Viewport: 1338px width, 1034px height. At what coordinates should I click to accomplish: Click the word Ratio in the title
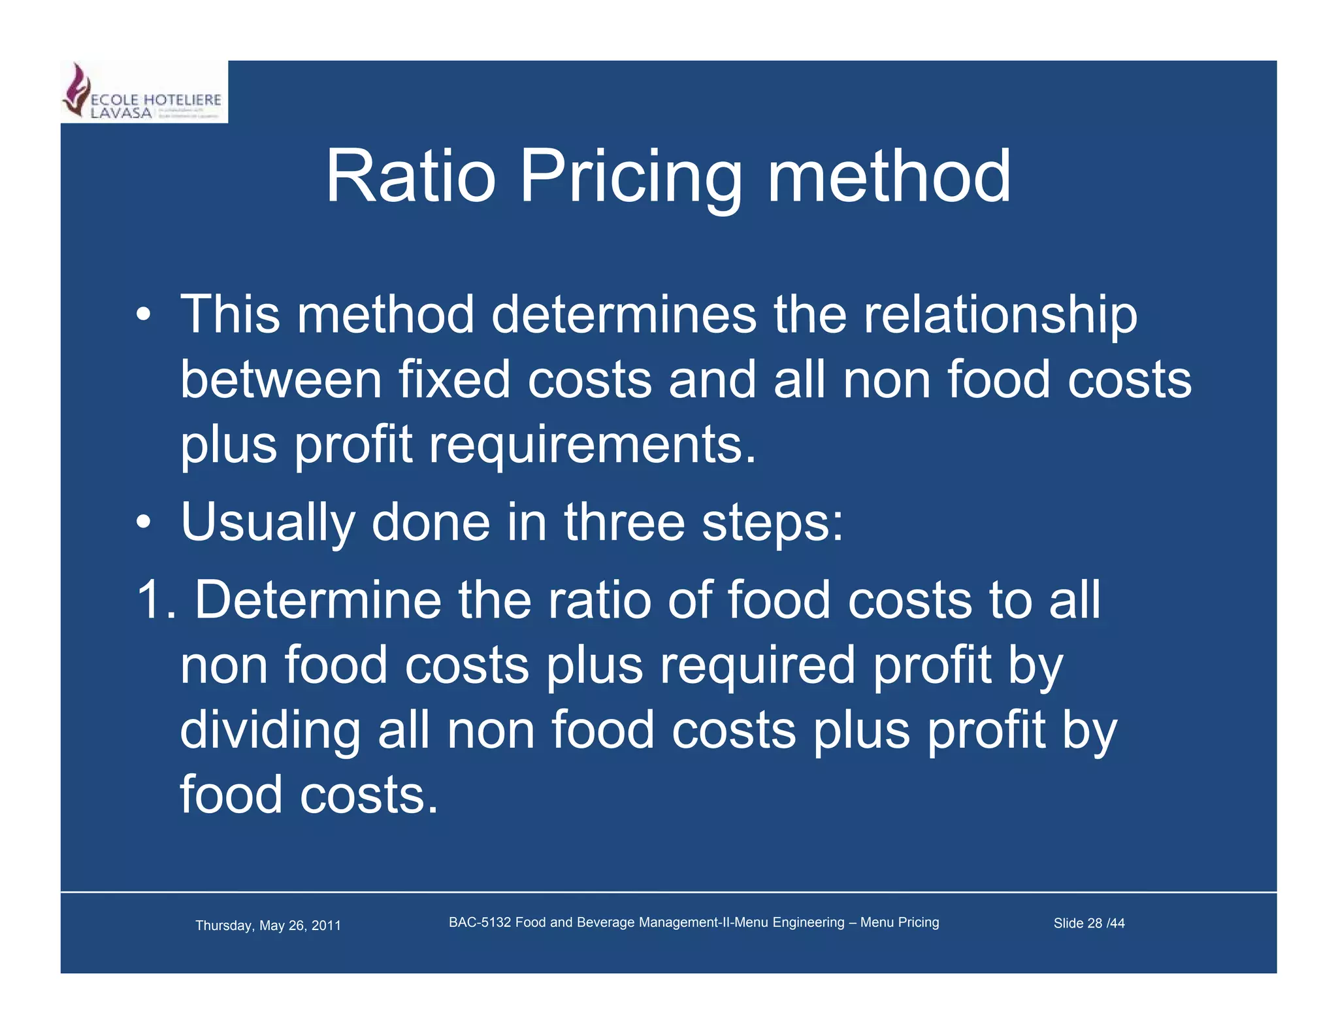tap(410, 176)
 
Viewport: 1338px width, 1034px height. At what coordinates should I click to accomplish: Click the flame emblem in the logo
tap(76, 90)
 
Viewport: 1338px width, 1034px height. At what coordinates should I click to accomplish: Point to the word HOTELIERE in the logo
tap(182, 100)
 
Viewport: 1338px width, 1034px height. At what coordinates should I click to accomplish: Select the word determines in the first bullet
tap(624, 315)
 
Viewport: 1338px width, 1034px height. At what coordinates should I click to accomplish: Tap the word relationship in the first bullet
tap(1000, 315)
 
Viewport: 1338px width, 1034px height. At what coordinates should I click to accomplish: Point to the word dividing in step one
tap(270, 730)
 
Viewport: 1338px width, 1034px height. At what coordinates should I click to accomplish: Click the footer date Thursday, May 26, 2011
tap(268, 926)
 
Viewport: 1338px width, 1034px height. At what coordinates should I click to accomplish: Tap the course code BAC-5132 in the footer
tap(480, 922)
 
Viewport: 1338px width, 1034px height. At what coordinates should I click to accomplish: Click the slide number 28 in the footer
tap(1094, 924)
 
